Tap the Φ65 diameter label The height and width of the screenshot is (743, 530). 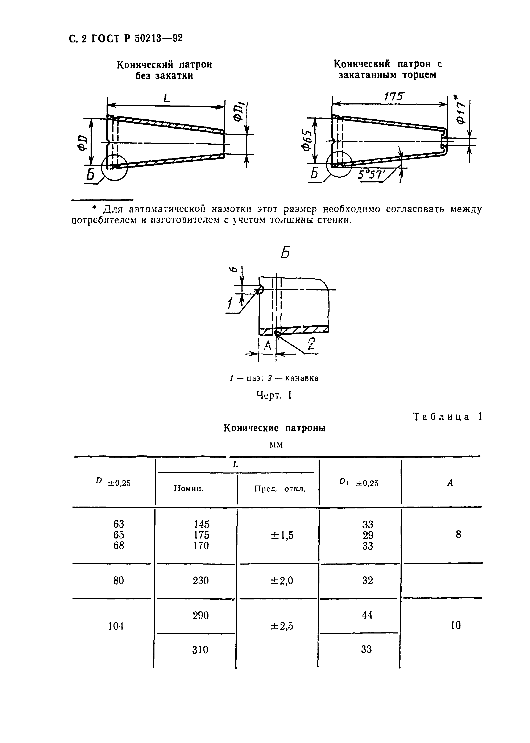[x=306, y=141]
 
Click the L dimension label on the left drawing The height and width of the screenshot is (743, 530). [x=167, y=98]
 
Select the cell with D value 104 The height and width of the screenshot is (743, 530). [x=116, y=626]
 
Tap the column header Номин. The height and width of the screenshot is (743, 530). [x=189, y=488]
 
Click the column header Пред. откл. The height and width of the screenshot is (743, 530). [x=280, y=489]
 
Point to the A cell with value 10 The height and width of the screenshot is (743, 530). [x=456, y=626]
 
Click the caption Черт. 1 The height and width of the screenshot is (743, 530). [x=274, y=396]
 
